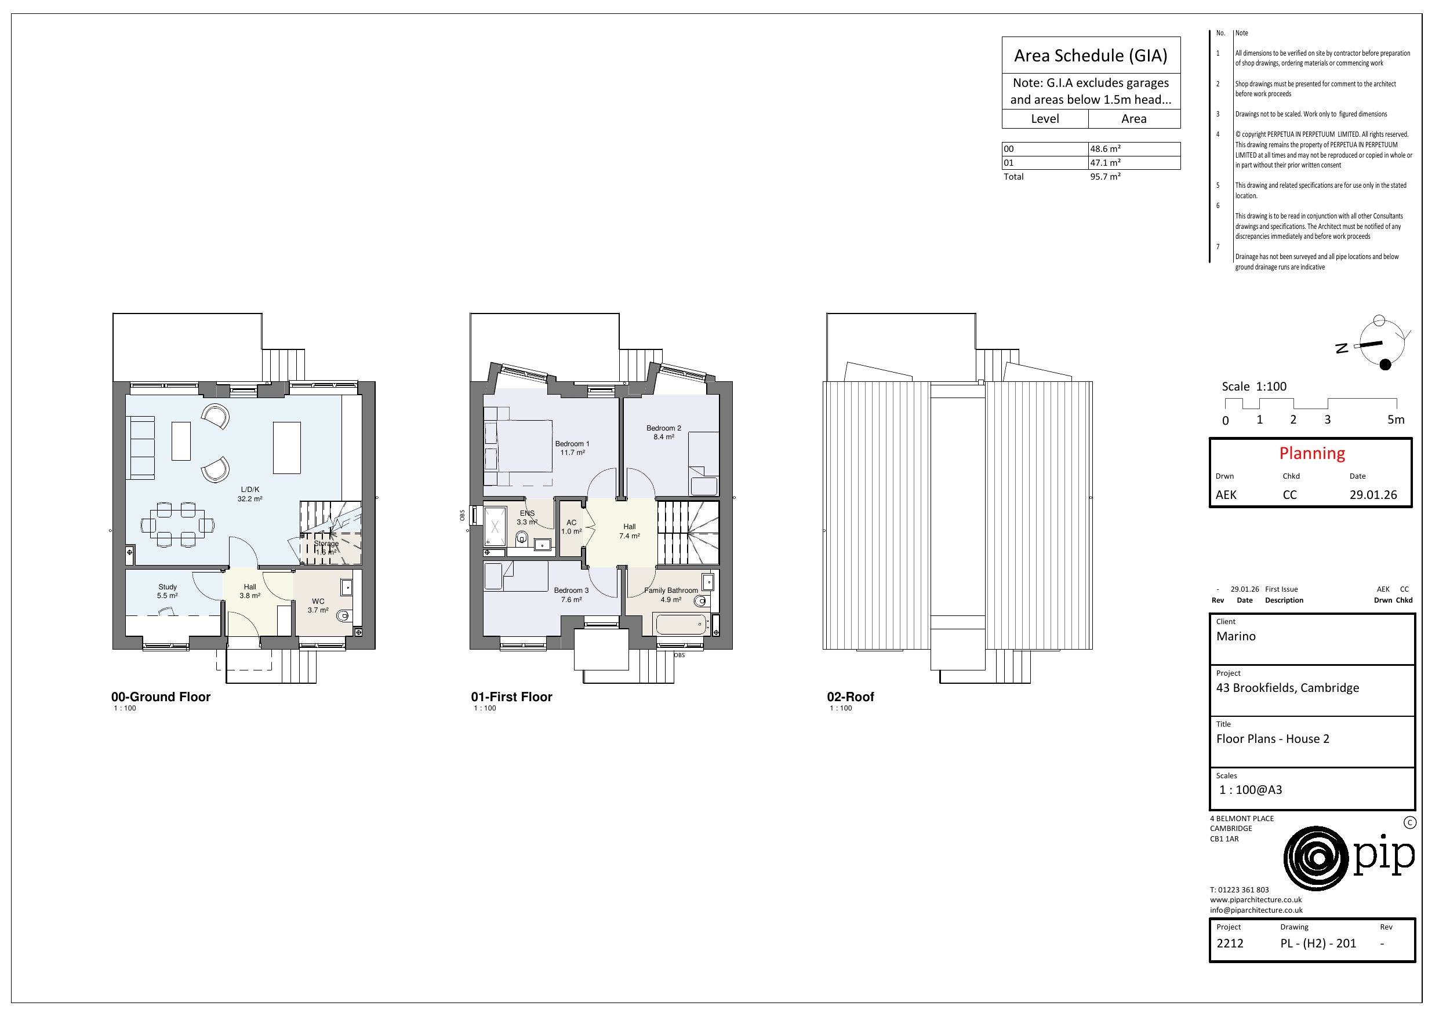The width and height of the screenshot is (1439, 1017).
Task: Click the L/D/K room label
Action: (249, 490)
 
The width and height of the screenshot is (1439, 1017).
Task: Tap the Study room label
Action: (168, 587)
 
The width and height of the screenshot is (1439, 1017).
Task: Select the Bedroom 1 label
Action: (572, 444)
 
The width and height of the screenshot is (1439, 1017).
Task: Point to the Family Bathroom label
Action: (671, 590)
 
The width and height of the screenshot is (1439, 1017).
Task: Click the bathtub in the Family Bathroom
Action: (681, 625)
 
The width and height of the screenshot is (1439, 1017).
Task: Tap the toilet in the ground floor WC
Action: (343, 616)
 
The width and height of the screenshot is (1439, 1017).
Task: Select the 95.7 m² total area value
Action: (1105, 177)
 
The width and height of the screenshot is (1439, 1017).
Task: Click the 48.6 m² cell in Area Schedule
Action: (1105, 149)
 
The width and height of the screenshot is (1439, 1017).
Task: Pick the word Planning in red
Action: (1312, 454)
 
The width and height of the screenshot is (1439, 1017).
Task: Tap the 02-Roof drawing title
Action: (850, 697)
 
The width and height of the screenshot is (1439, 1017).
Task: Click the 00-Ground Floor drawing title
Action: (161, 697)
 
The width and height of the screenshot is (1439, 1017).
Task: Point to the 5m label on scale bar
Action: (1396, 420)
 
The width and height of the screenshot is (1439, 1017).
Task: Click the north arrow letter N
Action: (1341, 348)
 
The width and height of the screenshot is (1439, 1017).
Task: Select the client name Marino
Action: (1236, 637)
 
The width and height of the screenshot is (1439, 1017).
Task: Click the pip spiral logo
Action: (1316, 858)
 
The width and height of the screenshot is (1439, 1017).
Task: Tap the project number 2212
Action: (1230, 943)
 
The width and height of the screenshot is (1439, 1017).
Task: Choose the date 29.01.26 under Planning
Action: (1373, 495)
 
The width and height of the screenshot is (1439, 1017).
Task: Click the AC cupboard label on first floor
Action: (571, 523)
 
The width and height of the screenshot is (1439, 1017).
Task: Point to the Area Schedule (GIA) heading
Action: (1091, 56)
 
